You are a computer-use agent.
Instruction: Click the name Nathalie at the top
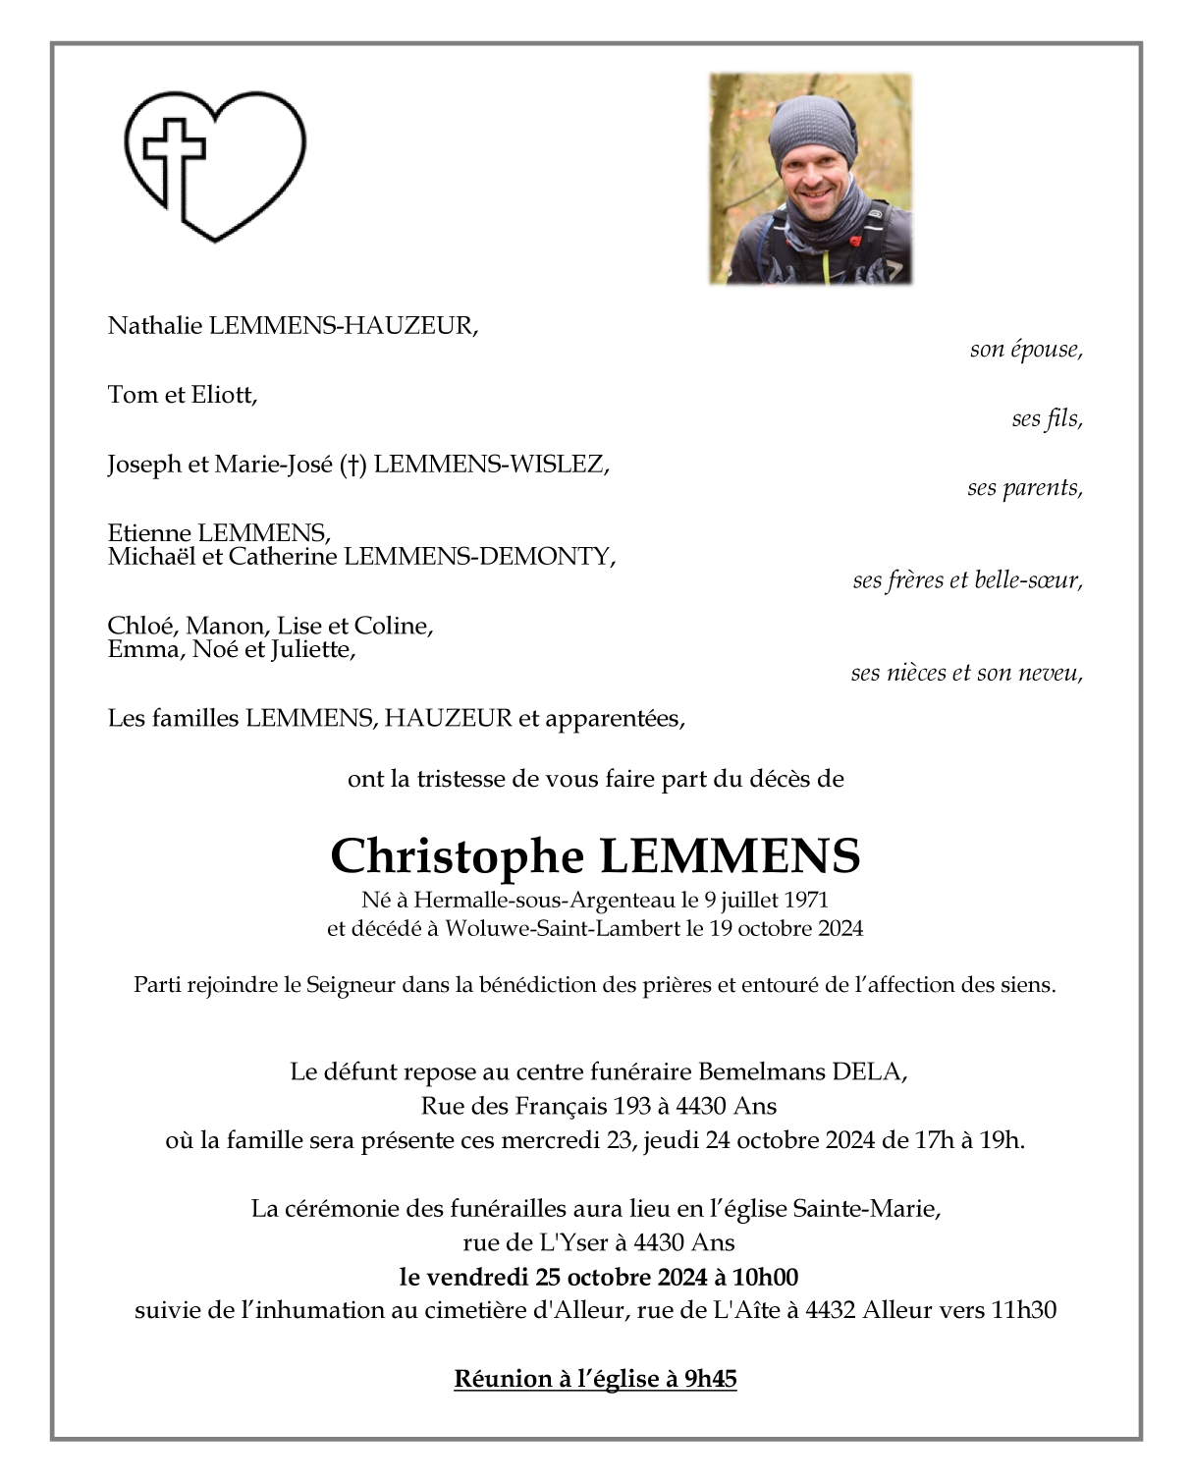pyautogui.click(x=155, y=326)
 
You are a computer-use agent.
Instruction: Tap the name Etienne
pyautogui.click(x=150, y=533)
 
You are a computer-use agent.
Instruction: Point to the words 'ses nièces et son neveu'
pyautogui.click(x=965, y=673)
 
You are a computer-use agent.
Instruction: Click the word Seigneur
pyautogui.click(x=351, y=985)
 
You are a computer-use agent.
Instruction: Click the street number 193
pyautogui.click(x=632, y=1107)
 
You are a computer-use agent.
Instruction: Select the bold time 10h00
pyautogui.click(x=765, y=1277)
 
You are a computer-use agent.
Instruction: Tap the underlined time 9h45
pyautogui.click(x=710, y=1379)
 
